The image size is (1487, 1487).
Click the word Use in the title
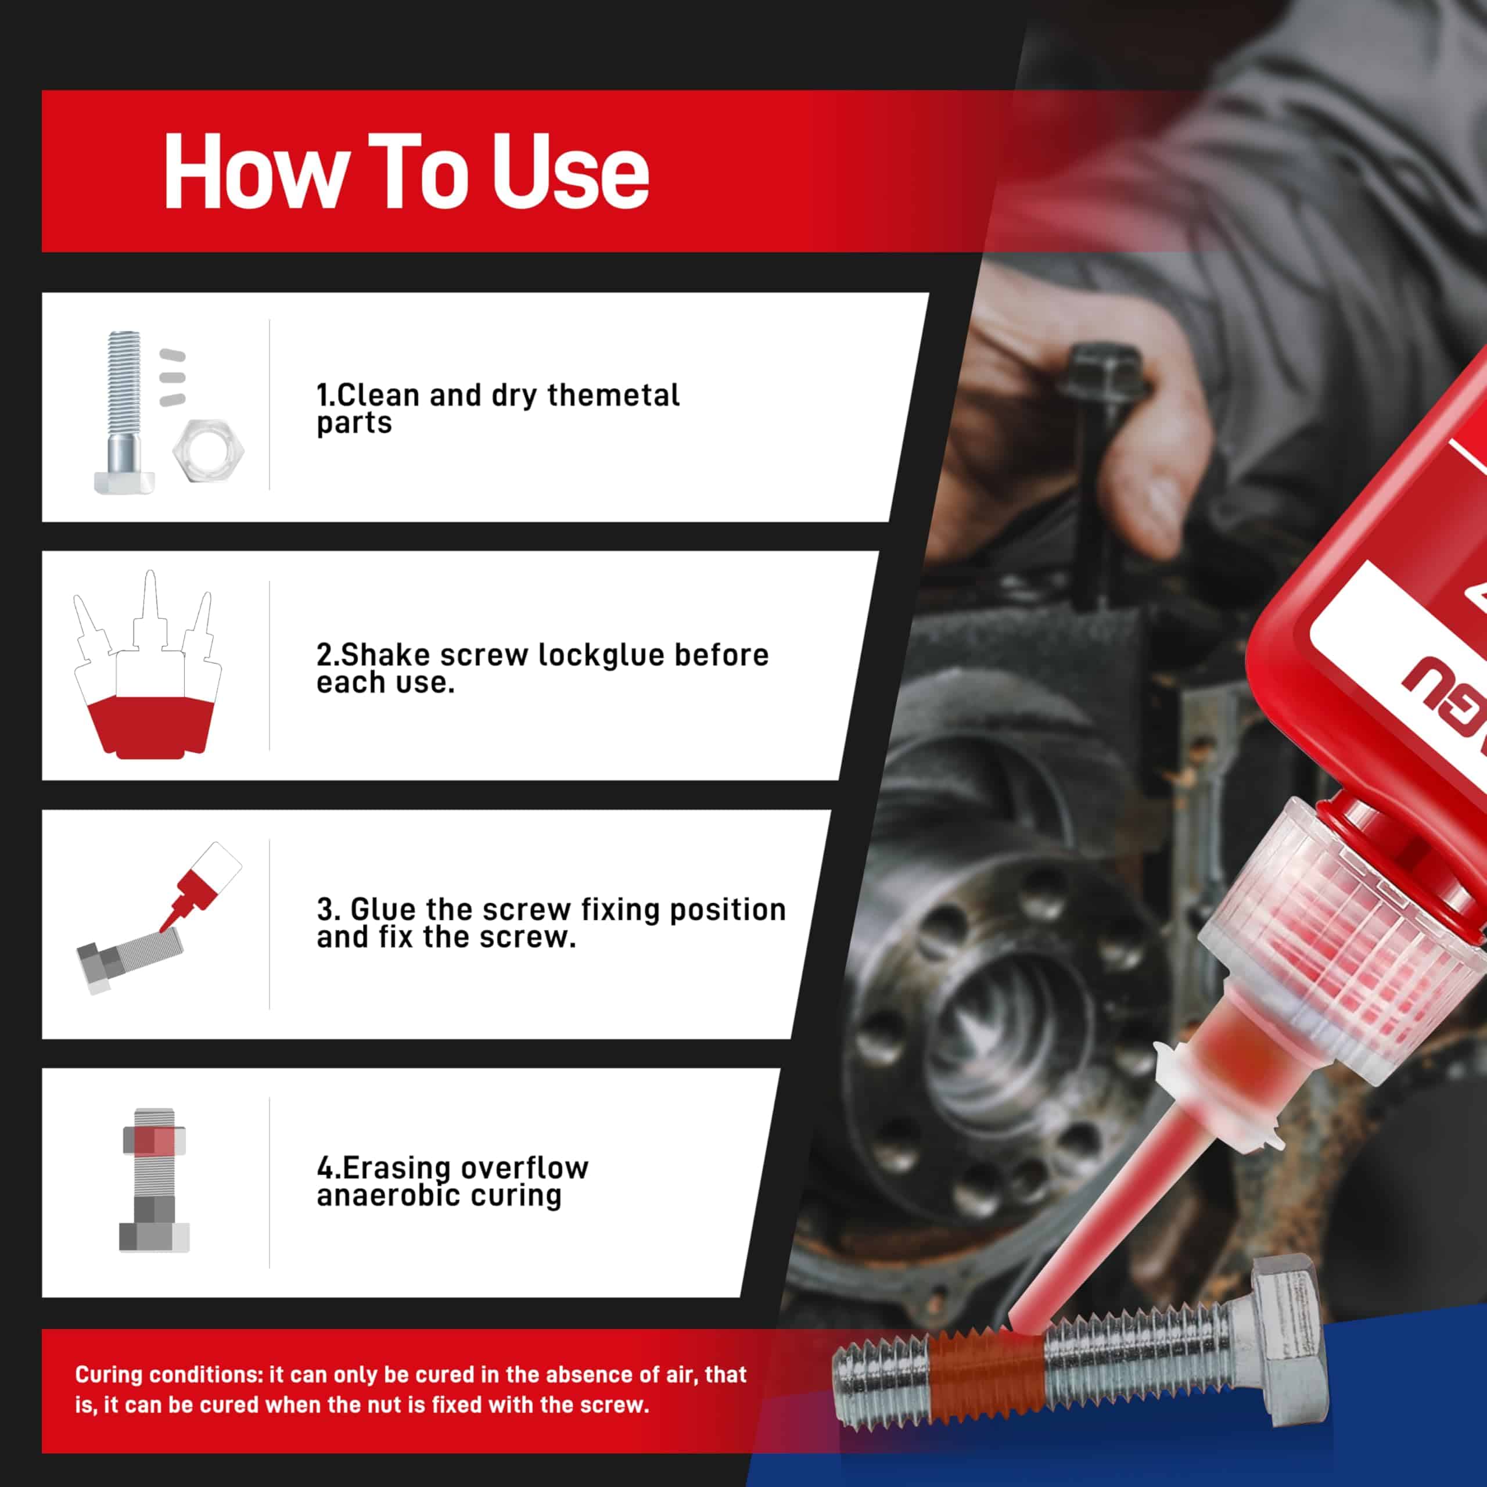point(570,171)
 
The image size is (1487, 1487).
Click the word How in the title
point(253,171)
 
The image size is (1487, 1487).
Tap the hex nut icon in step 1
point(208,450)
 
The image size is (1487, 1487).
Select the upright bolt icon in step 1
point(124,412)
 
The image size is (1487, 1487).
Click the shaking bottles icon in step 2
point(148,666)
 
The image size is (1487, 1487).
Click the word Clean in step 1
point(378,396)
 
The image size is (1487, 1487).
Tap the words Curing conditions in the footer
point(168,1375)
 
